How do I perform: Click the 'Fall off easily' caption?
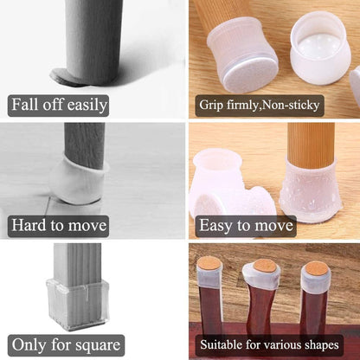(x=59, y=106)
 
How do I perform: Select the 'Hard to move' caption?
(x=58, y=226)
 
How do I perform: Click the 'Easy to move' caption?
(x=246, y=226)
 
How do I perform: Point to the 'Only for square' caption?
(x=66, y=344)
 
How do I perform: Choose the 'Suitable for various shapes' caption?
(x=272, y=343)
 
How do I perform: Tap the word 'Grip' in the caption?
(x=212, y=106)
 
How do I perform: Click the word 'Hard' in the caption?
(x=27, y=226)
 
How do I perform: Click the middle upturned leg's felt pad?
(x=264, y=267)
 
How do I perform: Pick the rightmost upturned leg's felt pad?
(x=317, y=268)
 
